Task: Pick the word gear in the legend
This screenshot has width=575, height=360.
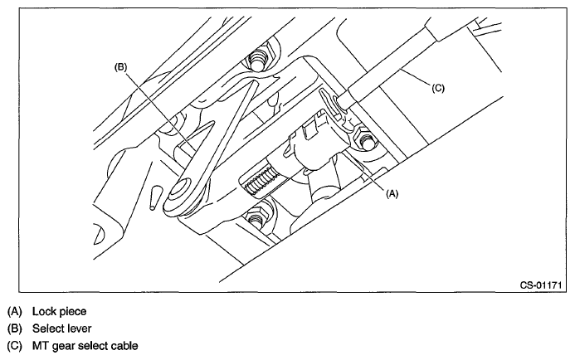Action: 66,345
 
